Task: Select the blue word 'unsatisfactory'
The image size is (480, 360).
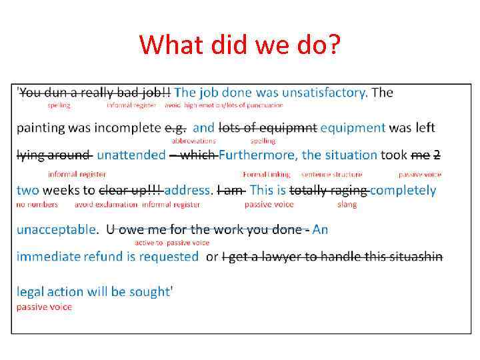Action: pos(325,93)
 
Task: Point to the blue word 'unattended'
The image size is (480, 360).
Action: pos(131,155)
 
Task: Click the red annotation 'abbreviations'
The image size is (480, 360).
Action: pos(193,141)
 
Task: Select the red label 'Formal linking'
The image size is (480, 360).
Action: pos(267,175)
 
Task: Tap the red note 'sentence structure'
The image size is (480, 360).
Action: pos(331,175)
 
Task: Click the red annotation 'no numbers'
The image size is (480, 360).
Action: pos(37,205)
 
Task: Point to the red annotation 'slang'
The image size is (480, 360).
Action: pos(347,205)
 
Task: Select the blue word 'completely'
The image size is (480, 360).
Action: pos(403,190)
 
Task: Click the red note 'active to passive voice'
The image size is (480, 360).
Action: pos(172,243)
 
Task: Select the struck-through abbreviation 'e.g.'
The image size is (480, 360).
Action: pos(175,127)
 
